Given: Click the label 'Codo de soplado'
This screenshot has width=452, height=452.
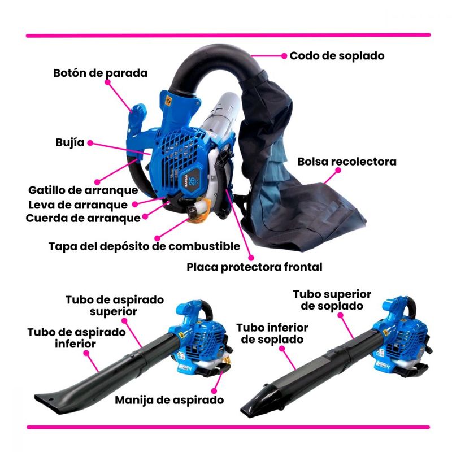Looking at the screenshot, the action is click(x=337, y=56).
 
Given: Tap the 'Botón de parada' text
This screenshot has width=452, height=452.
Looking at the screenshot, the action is click(x=101, y=73).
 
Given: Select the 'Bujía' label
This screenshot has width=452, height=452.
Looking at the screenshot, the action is click(x=70, y=143).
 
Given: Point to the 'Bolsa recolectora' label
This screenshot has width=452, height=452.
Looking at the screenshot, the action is click(x=347, y=162).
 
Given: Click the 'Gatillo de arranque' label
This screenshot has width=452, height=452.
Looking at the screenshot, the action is click(x=83, y=190).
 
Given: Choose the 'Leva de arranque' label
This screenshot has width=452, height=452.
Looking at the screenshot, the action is click(x=78, y=205).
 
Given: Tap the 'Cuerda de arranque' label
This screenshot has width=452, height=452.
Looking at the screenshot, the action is click(x=83, y=218).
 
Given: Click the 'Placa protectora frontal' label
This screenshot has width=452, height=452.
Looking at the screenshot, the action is click(x=254, y=267).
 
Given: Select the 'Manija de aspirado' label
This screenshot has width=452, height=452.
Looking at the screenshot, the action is click(x=169, y=400).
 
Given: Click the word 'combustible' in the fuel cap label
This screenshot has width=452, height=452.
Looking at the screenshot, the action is click(x=204, y=246).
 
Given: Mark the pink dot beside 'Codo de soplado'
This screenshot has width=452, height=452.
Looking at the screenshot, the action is click(x=284, y=56).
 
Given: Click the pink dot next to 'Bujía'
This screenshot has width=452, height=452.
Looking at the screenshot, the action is click(x=90, y=143).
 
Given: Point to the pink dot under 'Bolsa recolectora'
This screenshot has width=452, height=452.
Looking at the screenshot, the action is click(x=338, y=171).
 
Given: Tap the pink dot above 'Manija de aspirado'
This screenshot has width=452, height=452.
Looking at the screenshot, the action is click(x=214, y=391).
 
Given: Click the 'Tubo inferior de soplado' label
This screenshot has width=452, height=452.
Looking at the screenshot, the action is click(x=272, y=334).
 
